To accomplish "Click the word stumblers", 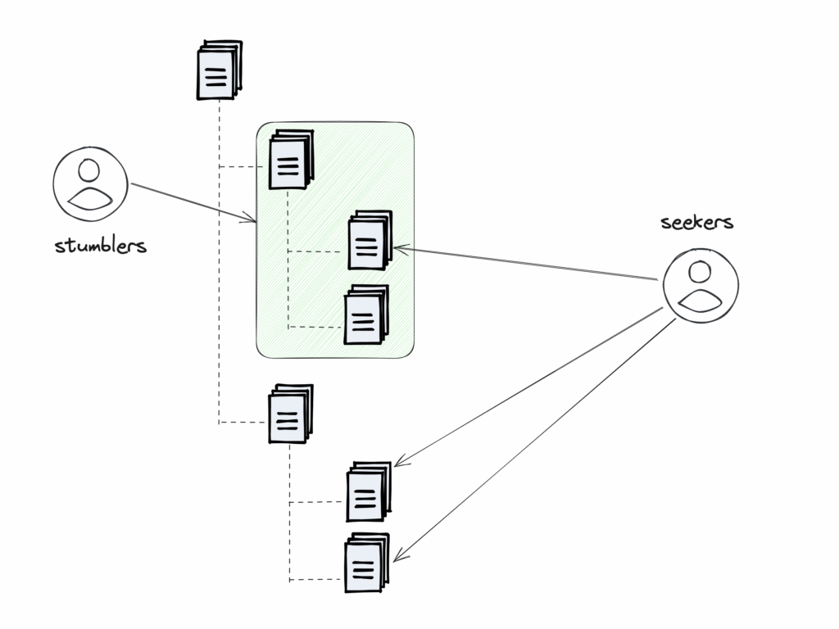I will pos(101,245).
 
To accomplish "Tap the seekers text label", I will pos(696,222).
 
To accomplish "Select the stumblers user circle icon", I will pos(90,185).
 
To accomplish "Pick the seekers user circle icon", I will pos(701,285).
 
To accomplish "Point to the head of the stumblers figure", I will pos(90,171).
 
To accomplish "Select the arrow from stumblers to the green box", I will pos(193,201).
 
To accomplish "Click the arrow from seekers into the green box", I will pos(524,263).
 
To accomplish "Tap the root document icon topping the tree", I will pos(219,70).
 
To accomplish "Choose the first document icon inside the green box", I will pos(290,160).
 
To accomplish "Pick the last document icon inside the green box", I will pos(365,314).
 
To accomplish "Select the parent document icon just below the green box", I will pos(290,414).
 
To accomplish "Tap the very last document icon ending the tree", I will pos(365,563).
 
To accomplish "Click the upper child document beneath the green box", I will pos(367,491).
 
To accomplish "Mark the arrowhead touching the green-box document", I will pos(398,247).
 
